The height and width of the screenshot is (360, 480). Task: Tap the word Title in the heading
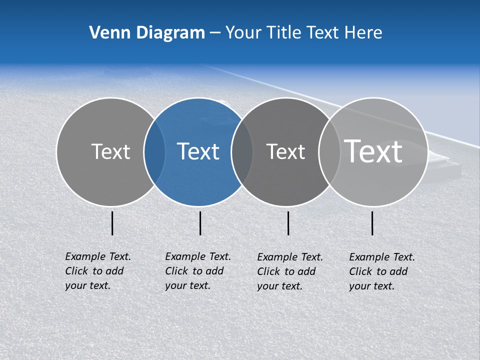coord(283,32)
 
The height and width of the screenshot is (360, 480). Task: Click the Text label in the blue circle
coord(198,151)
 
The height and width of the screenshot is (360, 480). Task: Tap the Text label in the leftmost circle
coord(110,151)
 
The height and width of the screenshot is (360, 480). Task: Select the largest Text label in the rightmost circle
coord(373,151)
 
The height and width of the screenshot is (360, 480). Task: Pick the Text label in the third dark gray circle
coord(285,151)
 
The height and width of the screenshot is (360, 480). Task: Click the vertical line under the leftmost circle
coord(112,223)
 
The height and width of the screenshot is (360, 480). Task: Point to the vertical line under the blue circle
coord(200,223)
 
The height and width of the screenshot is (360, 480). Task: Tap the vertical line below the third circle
coord(288,223)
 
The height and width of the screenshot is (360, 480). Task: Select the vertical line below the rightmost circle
coord(372,223)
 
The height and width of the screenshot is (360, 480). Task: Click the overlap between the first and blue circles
coord(154,152)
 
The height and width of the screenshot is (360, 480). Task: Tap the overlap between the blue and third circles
coord(242,152)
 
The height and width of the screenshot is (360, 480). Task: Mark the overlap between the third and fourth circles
coord(328,152)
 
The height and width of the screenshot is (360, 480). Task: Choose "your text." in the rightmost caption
coord(371,286)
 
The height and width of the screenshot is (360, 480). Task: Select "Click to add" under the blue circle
coord(194,271)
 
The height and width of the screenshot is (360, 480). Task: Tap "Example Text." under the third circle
coord(290,257)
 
